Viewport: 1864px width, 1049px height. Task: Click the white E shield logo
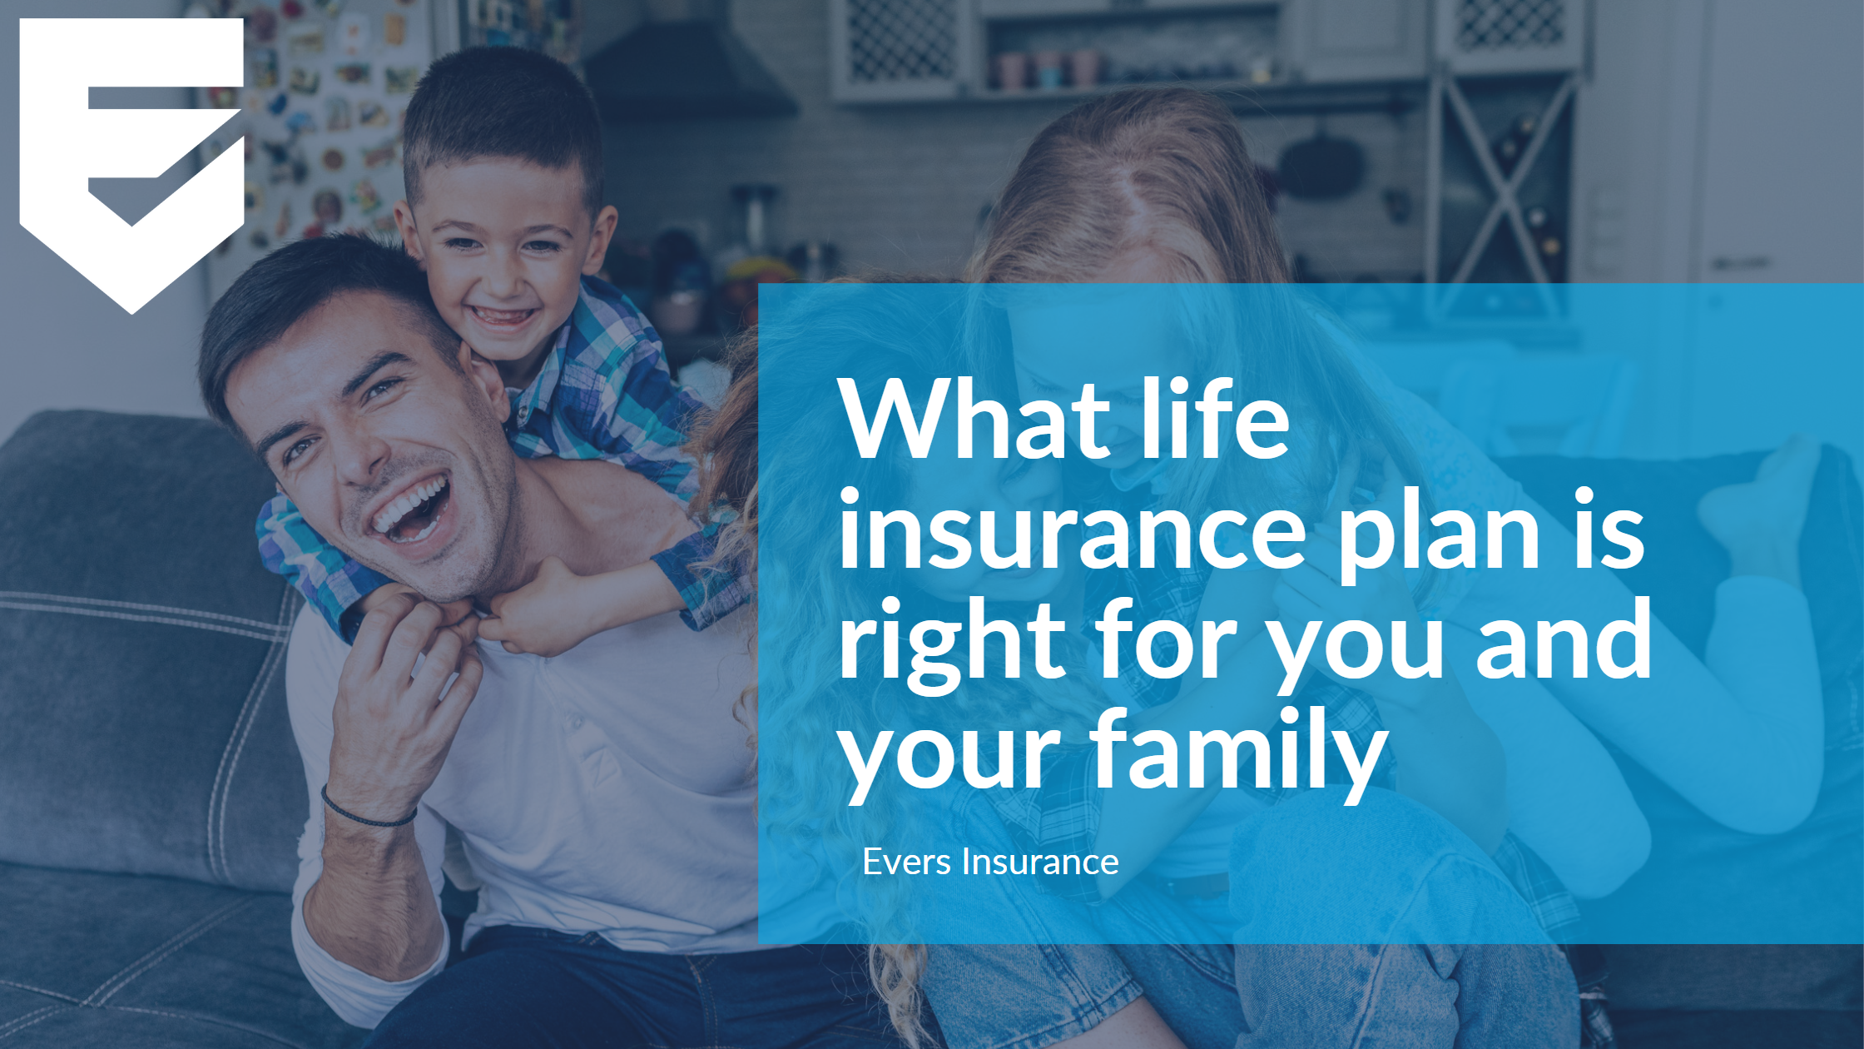tap(131, 158)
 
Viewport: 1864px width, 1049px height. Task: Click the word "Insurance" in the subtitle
tap(1039, 862)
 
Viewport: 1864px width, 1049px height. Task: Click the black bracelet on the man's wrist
tap(366, 812)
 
